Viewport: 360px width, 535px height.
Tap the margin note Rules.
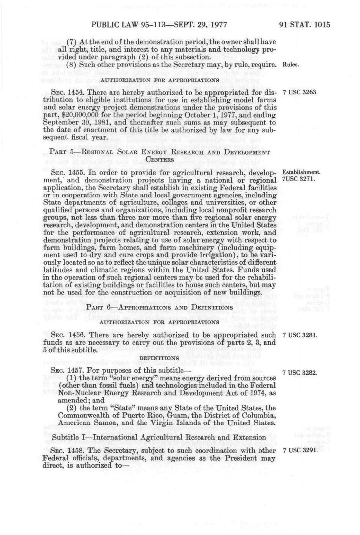290,65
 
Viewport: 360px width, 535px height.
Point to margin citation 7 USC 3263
300,92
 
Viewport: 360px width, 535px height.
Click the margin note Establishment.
301,172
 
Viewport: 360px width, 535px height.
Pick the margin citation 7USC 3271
298,179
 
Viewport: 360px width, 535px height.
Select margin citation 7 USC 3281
300,335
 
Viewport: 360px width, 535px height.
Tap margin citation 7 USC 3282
300,373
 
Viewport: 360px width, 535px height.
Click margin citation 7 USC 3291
300,450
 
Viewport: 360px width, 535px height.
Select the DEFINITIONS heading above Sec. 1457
159,358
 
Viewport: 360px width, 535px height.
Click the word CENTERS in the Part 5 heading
160,160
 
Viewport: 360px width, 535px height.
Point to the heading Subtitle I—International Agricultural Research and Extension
159,438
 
